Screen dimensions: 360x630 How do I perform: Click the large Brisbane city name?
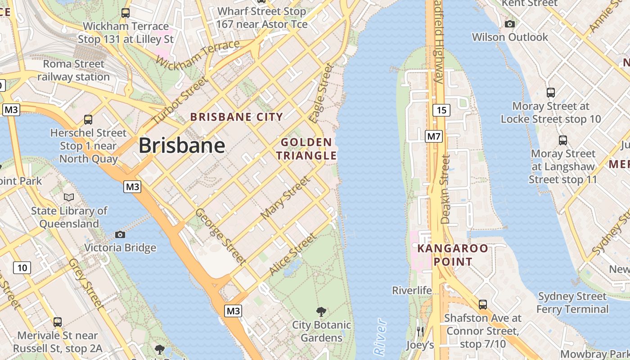point(181,145)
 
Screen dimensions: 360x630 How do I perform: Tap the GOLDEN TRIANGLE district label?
point(306,149)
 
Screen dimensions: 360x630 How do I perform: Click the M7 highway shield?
point(434,136)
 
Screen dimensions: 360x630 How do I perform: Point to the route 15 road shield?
point(442,110)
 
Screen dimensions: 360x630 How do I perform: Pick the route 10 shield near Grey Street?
point(22,268)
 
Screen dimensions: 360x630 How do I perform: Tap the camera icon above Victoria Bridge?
point(120,234)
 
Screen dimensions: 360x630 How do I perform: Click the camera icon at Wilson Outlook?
point(510,24)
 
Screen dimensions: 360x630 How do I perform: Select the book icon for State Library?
point(69,197)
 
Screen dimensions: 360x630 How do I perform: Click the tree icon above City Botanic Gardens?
point(321,311)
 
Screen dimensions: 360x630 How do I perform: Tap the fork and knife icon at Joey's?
point(420,332)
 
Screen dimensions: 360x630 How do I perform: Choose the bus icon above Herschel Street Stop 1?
point(88,120)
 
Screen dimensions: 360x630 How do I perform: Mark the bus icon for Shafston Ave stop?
point(483,305)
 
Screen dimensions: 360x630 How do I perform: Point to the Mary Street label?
point(285,198)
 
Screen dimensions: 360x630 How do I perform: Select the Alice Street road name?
point(292,255)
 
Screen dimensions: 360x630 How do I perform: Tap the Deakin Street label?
point(445,189)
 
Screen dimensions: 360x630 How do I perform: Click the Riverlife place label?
point(412,290)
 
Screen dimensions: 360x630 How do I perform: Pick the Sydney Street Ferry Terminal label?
point(572,303)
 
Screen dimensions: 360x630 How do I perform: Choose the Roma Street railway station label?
point(73,70)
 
